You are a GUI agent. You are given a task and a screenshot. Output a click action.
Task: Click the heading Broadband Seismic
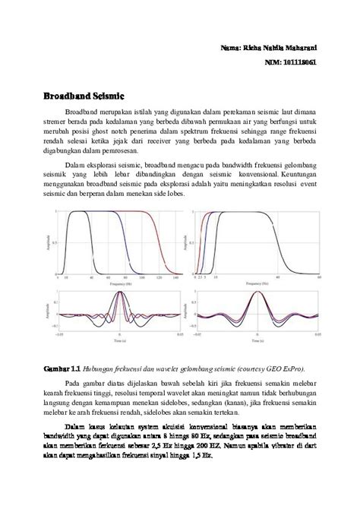(x=83, y=97)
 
